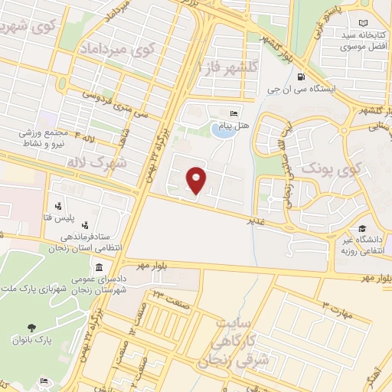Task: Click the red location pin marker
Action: click(197, 181)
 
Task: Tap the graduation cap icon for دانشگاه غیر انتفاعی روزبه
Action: click(361, 229)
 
